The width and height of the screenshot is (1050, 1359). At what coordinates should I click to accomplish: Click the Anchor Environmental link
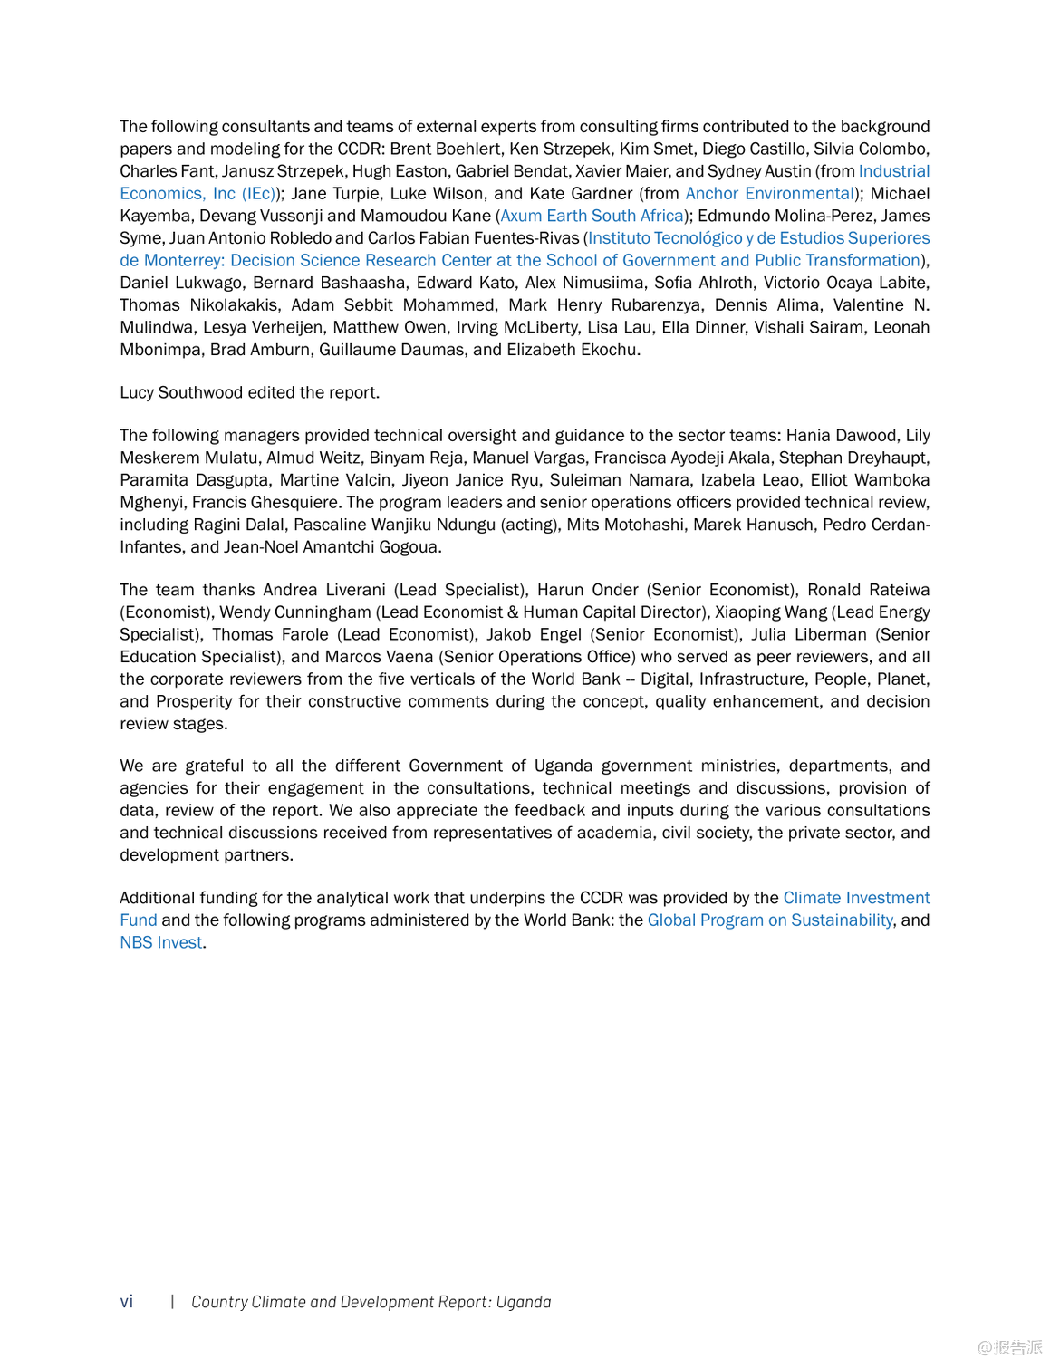770,193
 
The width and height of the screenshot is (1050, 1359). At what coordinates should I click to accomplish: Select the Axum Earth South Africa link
592,216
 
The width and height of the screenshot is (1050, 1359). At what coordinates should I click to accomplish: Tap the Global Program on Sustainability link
770,920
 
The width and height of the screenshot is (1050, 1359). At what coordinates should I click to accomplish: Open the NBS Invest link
161,942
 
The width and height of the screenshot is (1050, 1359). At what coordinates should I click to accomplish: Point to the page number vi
127,1302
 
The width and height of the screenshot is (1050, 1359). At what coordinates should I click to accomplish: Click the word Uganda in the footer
524,1302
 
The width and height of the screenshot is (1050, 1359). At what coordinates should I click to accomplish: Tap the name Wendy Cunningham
295,612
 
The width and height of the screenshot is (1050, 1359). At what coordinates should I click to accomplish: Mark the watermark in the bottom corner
1009,1347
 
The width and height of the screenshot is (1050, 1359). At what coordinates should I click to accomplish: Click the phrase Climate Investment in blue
856,897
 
